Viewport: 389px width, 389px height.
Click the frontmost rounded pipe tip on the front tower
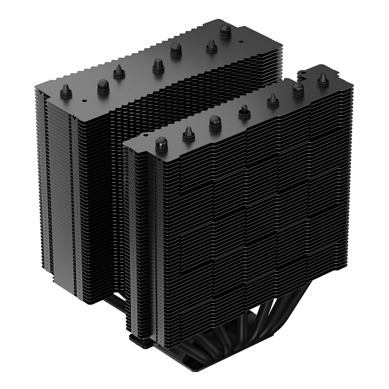pos(161,143)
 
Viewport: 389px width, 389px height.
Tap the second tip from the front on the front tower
pos(189,132)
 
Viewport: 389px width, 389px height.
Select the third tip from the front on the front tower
pos(215,121)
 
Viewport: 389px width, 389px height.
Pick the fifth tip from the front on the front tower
pos(272,101)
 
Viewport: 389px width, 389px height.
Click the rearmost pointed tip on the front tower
pos(323,79)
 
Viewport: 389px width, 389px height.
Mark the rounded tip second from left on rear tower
pos(103,84)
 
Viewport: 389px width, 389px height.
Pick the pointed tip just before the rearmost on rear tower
pos(211,45)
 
